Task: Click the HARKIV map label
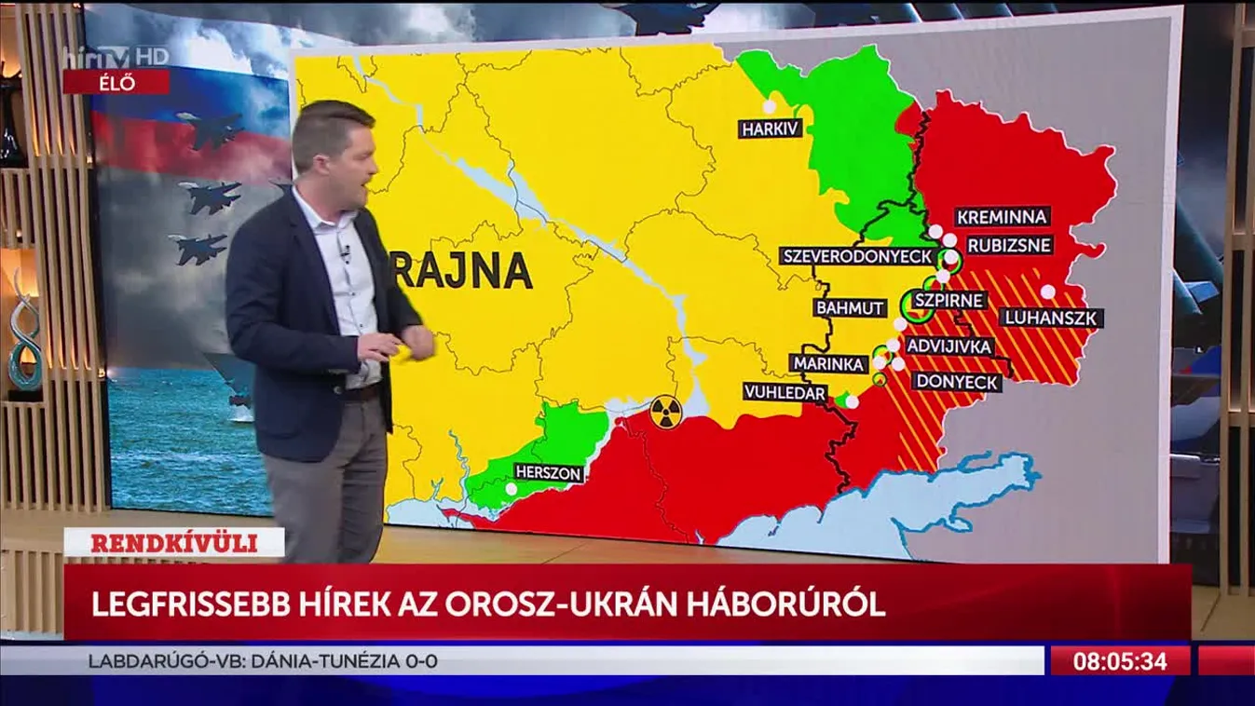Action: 770,129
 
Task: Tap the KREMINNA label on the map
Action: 1003,217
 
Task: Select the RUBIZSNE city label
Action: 1008,246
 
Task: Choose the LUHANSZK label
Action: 1052,318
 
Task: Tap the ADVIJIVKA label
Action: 948,346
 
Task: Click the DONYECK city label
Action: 957,382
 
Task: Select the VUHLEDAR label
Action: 784,393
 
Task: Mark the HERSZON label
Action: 549,473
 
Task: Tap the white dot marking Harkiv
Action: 770,106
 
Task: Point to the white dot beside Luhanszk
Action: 1048,292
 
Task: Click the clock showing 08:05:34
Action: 1120,661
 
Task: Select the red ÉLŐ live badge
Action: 116,82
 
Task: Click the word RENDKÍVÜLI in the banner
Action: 173,543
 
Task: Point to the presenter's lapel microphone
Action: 346,251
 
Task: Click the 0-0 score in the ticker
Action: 421,662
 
